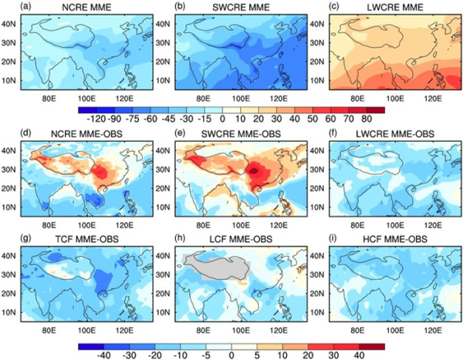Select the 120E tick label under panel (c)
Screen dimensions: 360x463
[x=428, y=98]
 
